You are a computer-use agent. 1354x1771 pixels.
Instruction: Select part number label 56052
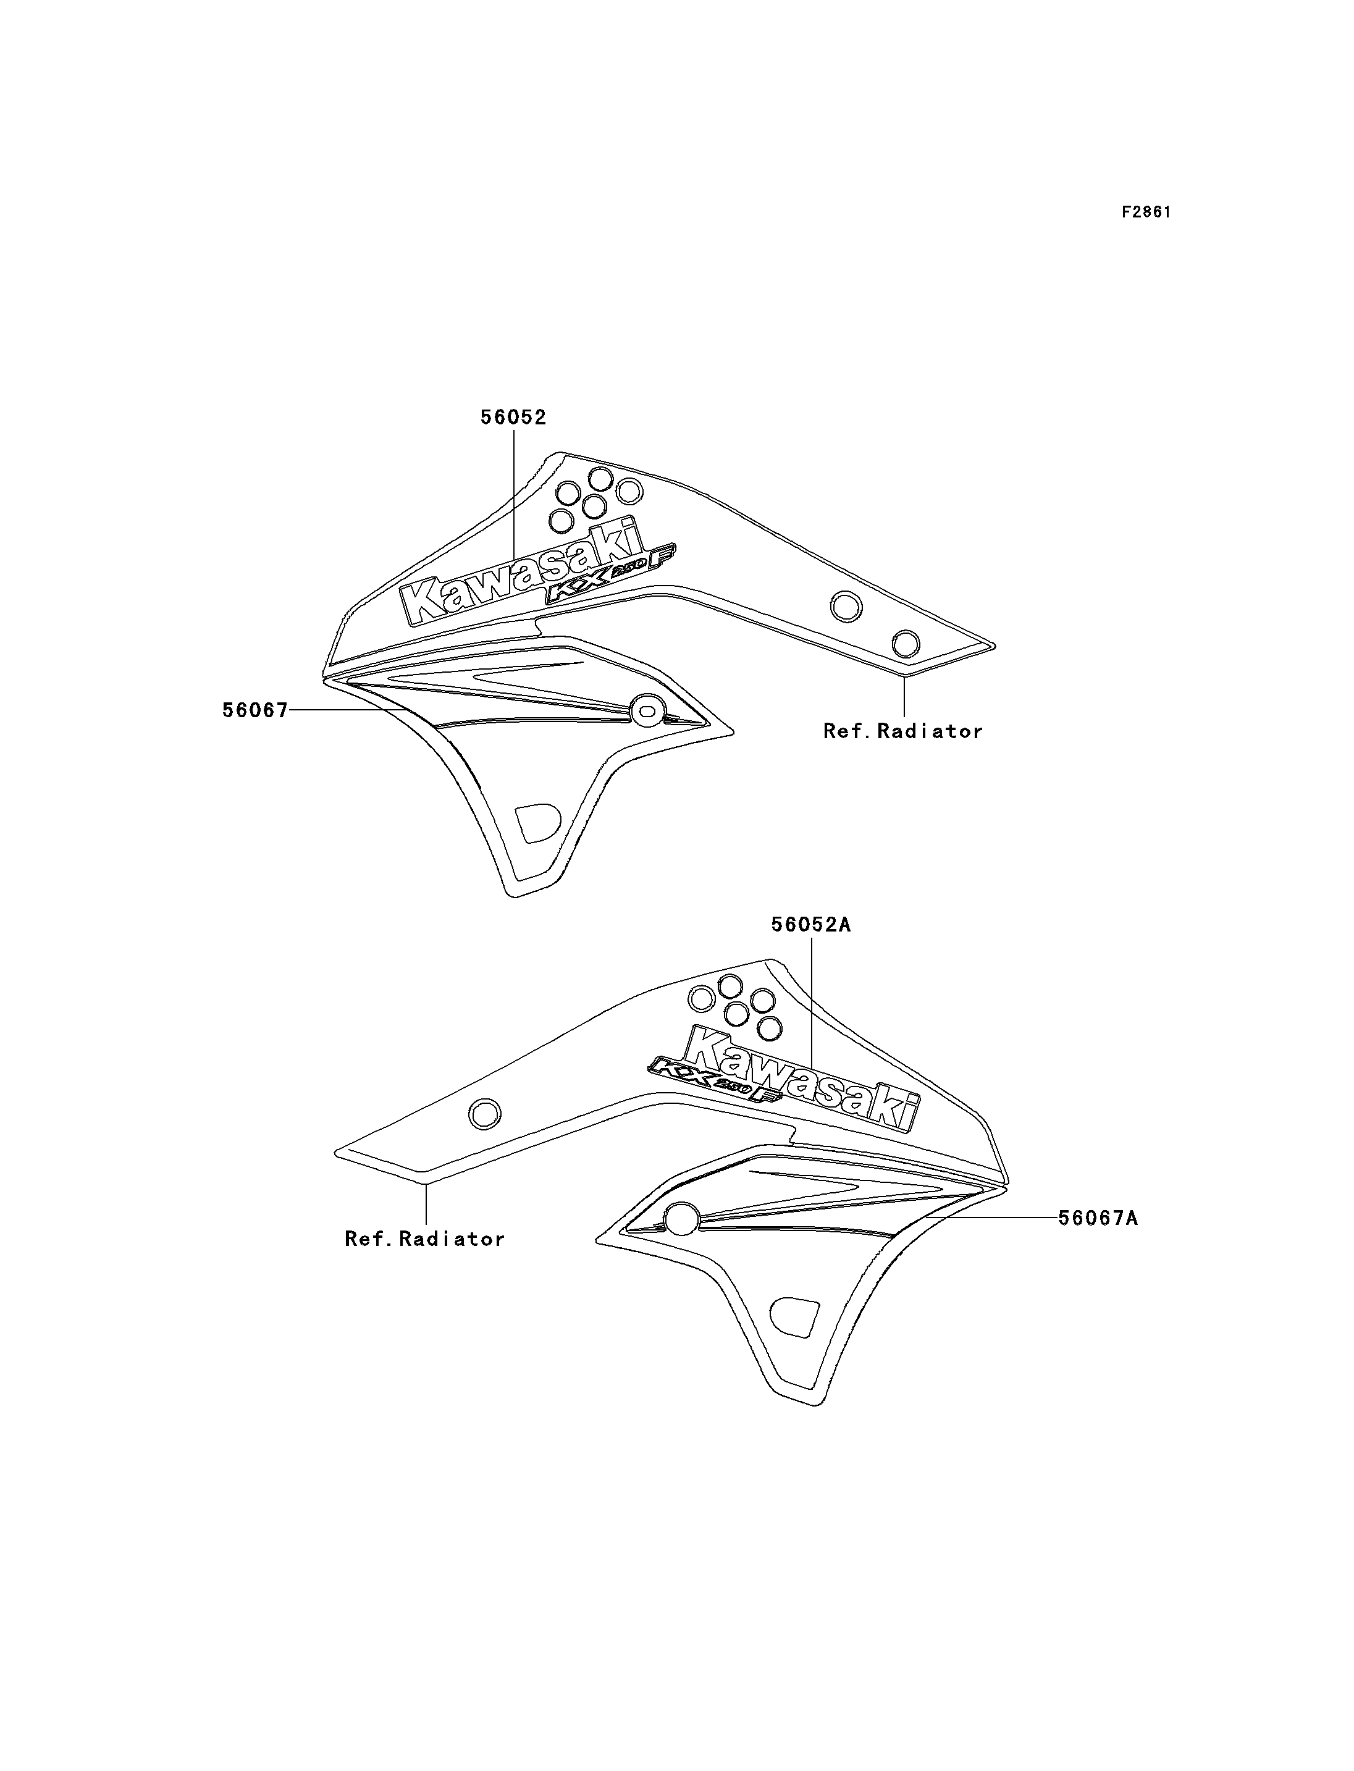pyautogui.click(x=513, y=418)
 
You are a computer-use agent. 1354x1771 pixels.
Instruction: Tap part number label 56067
pyautogui.click(x=254, y=710)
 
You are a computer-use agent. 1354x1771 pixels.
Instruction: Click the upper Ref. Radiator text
pyautogui.click(x=902, y=731)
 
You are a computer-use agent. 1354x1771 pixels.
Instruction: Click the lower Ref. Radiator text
pyautogui.click(x=425, y=1239)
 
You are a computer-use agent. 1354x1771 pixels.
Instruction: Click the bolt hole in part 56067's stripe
pyautogui.click(x=645, y=709)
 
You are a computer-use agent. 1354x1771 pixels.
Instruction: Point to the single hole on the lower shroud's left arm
pyautogui.click(x=484, y=1115)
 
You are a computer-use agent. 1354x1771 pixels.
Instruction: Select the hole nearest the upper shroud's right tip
pyautogui.click(x=905, y=644)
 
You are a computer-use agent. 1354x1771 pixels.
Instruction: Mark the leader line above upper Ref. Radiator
pyautogui.click(x=904, y=696)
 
